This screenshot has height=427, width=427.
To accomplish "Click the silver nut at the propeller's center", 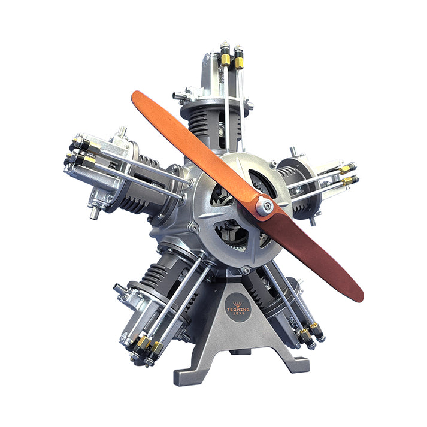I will point(264,207).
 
